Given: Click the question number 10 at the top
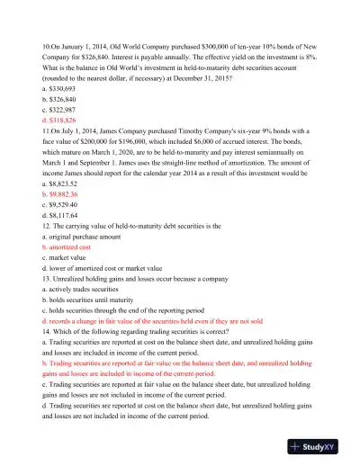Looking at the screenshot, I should point(48,44).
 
